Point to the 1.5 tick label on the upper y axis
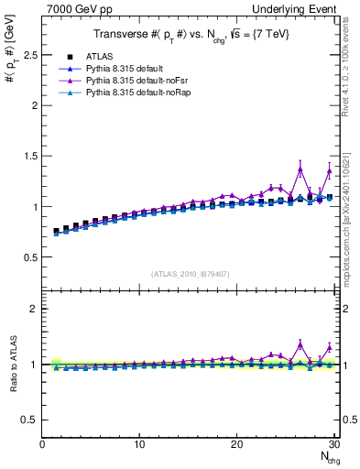coord(28,156)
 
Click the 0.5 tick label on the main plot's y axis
coord(28,257)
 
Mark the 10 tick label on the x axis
coord(139,444)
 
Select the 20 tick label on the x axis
coord(237,444)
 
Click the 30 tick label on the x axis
coord(334,444)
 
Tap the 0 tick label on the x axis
coord(42,444)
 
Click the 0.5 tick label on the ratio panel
coord(28,420)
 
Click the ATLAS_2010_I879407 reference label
coord(189,273)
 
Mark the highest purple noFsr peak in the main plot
coord(300,169)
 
